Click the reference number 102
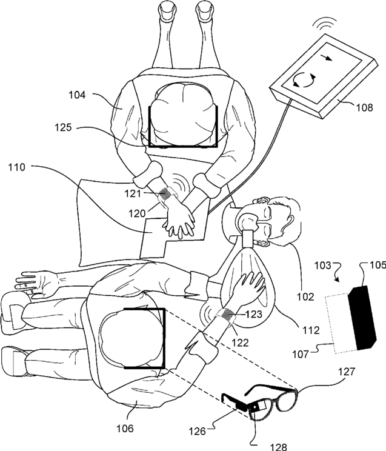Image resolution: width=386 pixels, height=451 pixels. [x=306, y=297]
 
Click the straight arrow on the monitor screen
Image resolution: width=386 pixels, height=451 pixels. [x=327, y=59]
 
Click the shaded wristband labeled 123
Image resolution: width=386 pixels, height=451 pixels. [x=227, y=315]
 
